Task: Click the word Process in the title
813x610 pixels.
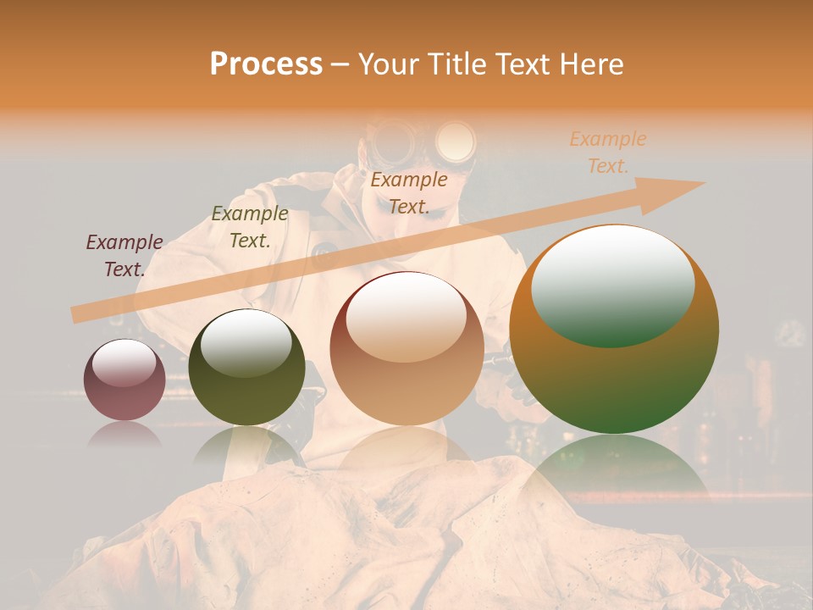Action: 266,64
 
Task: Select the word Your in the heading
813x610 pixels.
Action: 387,64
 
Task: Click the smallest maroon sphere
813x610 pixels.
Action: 124,380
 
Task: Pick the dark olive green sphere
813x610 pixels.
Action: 246,373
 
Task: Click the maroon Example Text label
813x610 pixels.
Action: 124,255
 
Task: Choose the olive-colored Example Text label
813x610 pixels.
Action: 250,227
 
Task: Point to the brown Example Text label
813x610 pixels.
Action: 409,192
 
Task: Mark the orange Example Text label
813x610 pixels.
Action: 608,152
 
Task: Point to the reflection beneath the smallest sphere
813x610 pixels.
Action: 124,434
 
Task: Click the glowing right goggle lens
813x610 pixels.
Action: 455,140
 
